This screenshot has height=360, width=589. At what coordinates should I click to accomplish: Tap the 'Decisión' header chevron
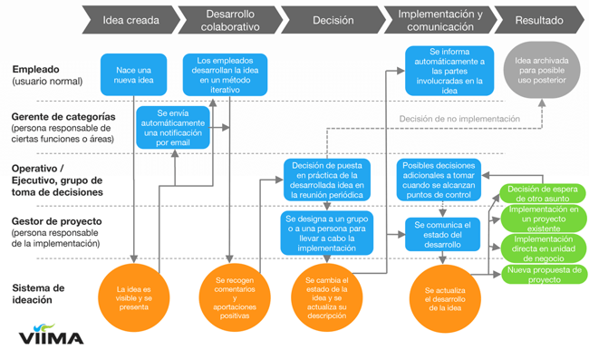pos(333,20)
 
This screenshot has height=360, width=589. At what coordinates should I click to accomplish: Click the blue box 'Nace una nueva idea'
pos(134,74)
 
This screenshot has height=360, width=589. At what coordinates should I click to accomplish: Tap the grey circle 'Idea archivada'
pos(540,71)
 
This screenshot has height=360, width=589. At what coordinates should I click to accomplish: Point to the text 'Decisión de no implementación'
pos(459,119)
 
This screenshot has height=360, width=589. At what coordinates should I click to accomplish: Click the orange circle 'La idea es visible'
pos(134,297)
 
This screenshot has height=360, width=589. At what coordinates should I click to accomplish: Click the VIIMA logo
pos(52,336)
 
